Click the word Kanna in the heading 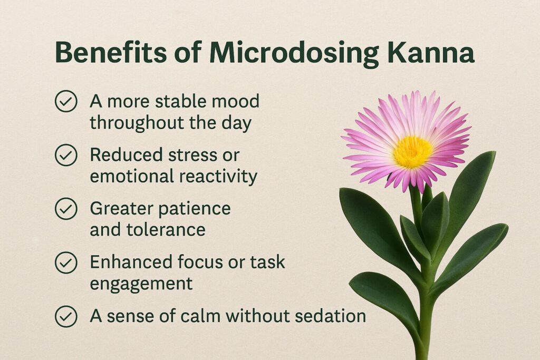(x=431, y=53)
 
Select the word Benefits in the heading (x=111, y=53)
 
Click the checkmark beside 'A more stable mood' (x=66, y=101)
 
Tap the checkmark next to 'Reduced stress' (x=66, y=155)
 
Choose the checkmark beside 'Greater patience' (x=66, y=209)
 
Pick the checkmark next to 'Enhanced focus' (x=66, y=262)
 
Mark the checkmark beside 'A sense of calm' (x=66, y=316)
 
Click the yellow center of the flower (x=412, y=152)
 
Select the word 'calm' (x=200, y=316)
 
